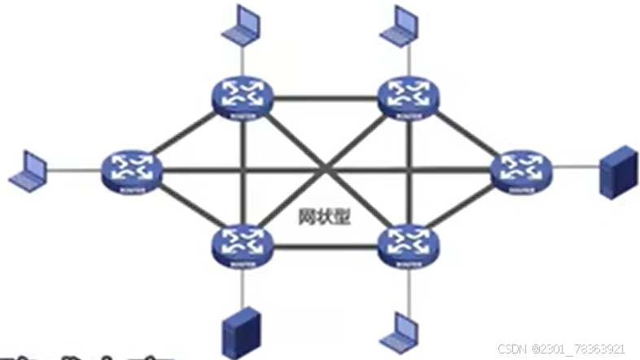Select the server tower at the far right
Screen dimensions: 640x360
tap(617, 172)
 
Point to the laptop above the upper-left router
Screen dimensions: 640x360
tap(242, 26)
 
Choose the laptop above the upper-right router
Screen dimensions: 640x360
tap(402, 26)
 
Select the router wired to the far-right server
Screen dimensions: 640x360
tap(521, 169)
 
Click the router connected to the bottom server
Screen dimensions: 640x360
tap(242, 245)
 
